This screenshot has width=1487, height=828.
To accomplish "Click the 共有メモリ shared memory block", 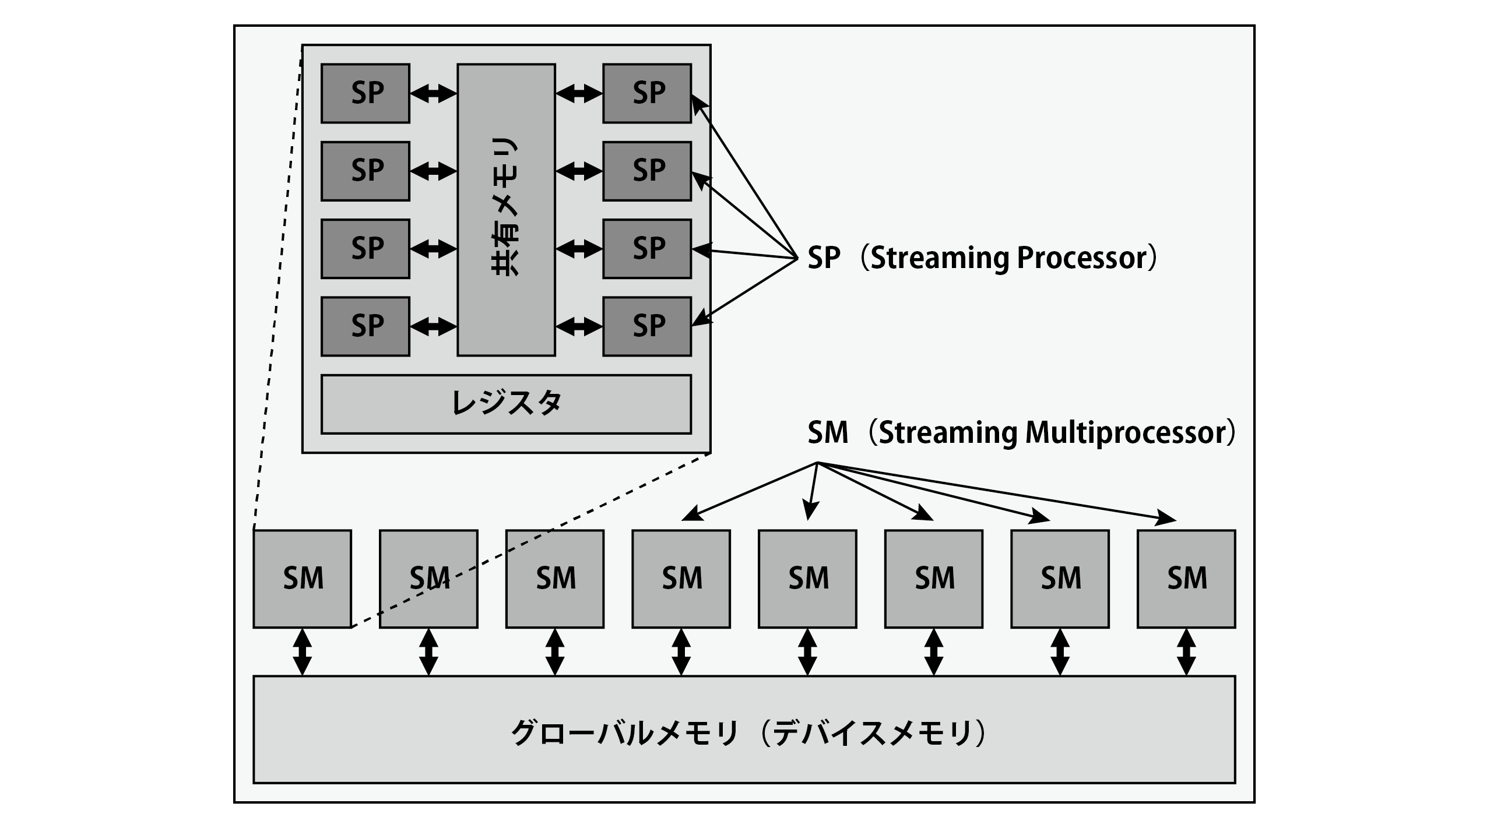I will tap(506, 210).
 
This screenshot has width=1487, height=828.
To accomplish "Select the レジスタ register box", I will tap(506, 404).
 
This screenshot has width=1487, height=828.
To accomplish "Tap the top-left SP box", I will tap(365, 93).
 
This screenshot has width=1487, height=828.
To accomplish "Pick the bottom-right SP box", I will tap(647, 326).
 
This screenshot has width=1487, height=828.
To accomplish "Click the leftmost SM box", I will tap(303, 579).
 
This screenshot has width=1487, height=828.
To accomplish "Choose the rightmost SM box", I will tap(1186, 579).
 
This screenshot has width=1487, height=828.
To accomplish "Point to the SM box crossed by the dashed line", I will tap(428, 579).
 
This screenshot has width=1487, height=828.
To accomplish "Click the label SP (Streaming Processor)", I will tap(982, 258).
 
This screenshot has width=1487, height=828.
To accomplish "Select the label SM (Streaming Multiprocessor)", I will tap(1020, 433).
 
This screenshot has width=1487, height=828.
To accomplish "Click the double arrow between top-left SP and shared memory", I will tap(433, 93).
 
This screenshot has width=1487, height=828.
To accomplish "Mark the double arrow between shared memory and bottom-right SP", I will tap(579, 326).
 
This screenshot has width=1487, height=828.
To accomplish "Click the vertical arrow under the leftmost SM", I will tap(303, 651).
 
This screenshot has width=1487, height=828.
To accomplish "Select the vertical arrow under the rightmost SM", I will tap(1186, 651).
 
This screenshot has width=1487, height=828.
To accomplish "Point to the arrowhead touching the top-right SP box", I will tap(699, 104).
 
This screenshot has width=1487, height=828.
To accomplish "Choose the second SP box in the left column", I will tap(365, 171).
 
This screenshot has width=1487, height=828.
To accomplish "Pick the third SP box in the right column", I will tap(647, 249).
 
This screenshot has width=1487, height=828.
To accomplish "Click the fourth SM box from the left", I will tap(681, 579).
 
